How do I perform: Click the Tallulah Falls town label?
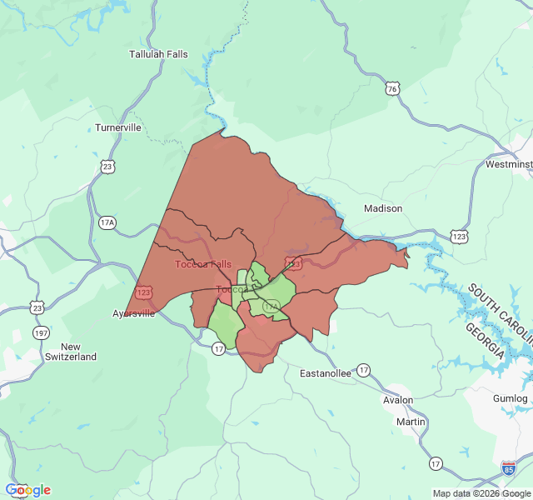coord(158,54)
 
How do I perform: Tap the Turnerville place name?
coord(118,127)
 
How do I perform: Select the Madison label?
coord(383,208)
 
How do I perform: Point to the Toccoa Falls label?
coord(203,264)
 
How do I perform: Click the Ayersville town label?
coord(133,314)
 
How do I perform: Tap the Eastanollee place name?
coord(326,373)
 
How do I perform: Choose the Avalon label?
coord(398,400)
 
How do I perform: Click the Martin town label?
coord(411,422)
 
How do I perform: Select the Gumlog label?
coord(510,399)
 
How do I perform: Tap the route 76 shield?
coord(392,88)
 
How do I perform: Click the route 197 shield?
coord(41,333)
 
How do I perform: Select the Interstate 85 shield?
coord(508,468)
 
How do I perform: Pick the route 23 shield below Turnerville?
coord(107,167)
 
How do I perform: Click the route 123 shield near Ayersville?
coord(145,292)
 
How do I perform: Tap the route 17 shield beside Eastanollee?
coord(363,369)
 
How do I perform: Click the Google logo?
coord(28,490)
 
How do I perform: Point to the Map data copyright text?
coord(481,493)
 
